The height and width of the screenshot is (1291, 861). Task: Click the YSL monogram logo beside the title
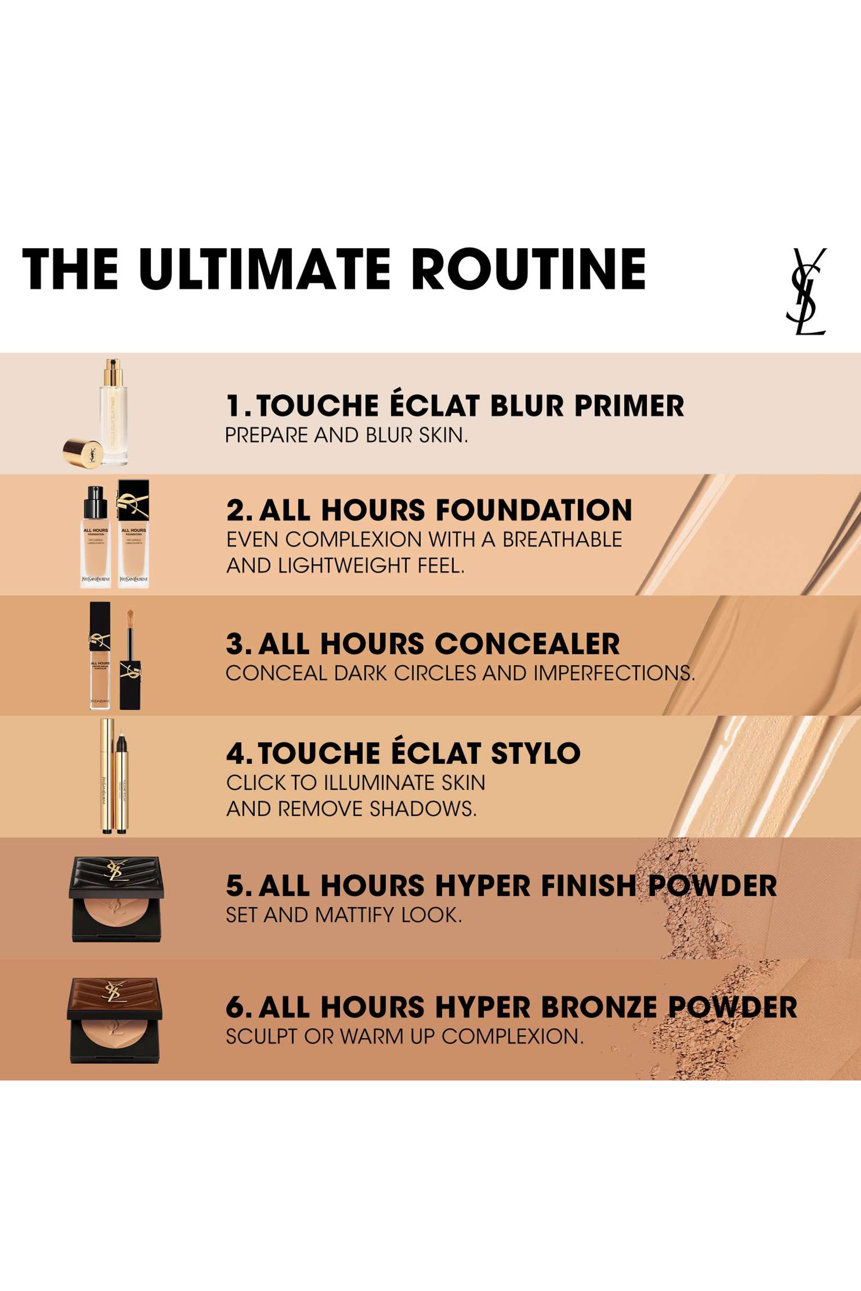pos(806,291)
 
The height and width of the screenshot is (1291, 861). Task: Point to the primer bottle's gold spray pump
pos(113,373)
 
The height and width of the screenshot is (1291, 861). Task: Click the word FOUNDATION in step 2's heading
pos(533,509)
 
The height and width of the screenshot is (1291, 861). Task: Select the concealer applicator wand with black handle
pos(131,664)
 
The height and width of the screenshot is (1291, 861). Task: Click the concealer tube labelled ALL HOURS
pos(100,656)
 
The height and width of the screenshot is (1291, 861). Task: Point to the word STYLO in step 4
pos(535,752)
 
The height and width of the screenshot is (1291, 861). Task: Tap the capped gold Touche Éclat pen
pos(107,776)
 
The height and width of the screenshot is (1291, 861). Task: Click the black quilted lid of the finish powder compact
pos(116,874)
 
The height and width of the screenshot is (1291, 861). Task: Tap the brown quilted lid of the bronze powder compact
pos(115,995)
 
